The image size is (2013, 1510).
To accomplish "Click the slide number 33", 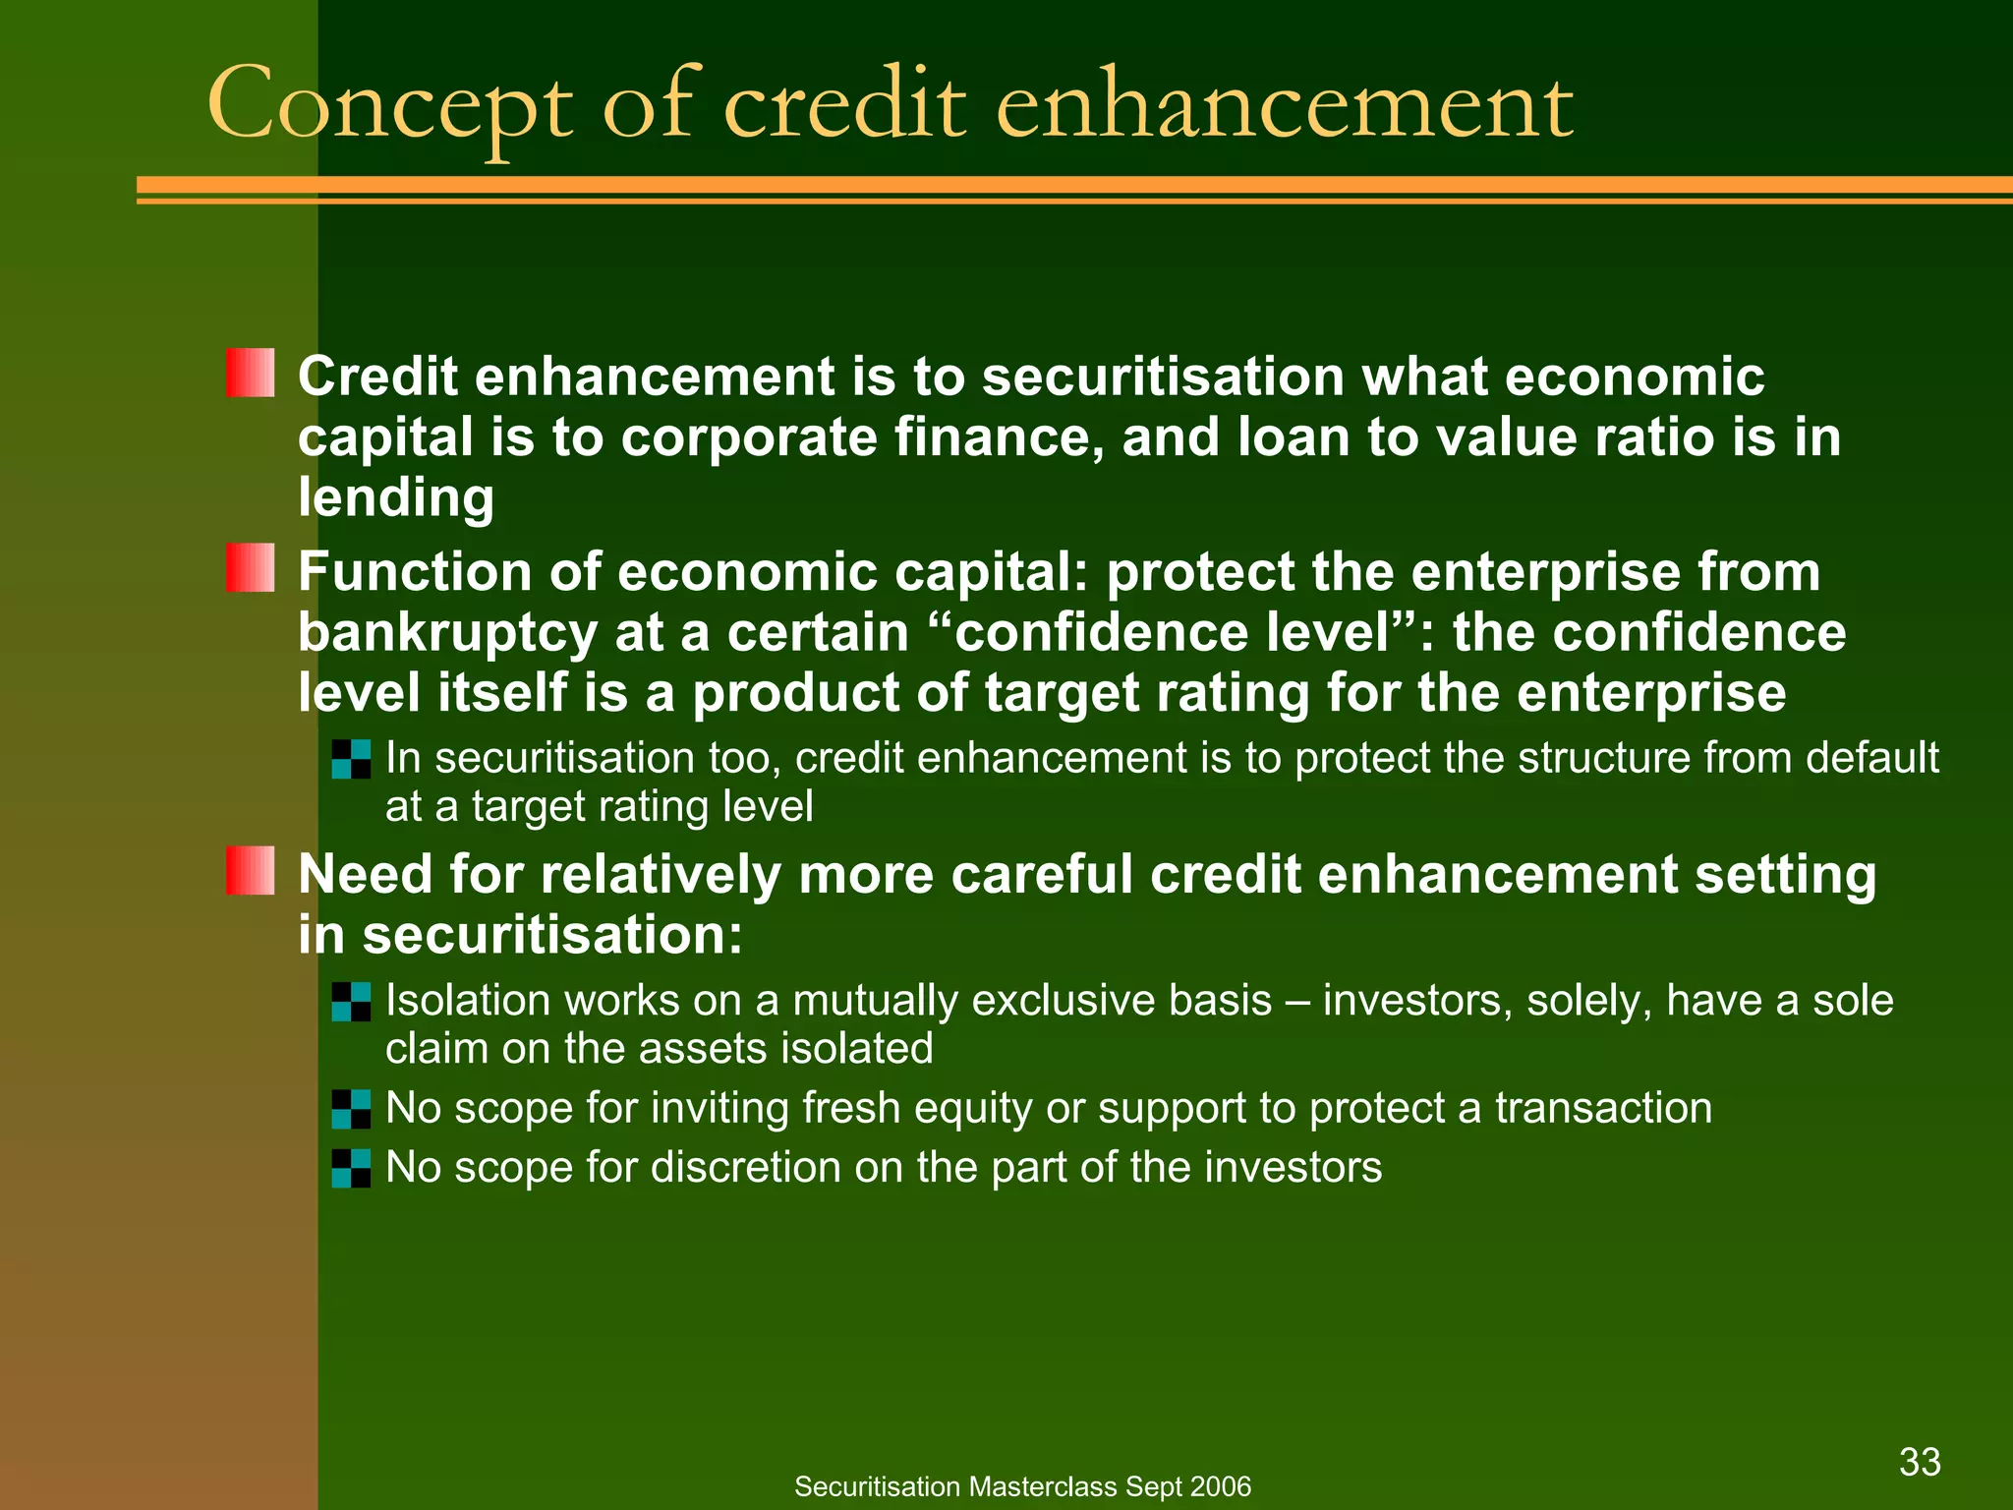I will tap(1920, 1462).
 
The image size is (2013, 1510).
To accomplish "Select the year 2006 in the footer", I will tap(1219, 1486).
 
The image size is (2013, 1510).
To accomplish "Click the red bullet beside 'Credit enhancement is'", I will tap(250, 373).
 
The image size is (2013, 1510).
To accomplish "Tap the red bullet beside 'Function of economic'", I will tap(250, 567).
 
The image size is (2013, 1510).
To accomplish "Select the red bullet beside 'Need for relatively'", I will tap(250, 870).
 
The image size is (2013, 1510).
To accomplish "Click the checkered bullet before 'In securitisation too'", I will tap(351, 759).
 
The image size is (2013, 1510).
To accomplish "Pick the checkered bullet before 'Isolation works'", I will tap(351, 1002).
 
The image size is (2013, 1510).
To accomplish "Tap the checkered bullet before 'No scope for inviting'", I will tap(351, 1109).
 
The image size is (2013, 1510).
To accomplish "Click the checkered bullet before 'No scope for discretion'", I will tap(351, 1168).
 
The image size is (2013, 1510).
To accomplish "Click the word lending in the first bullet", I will tap(396, 497).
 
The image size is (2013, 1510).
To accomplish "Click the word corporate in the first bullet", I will tap(748, 437).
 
